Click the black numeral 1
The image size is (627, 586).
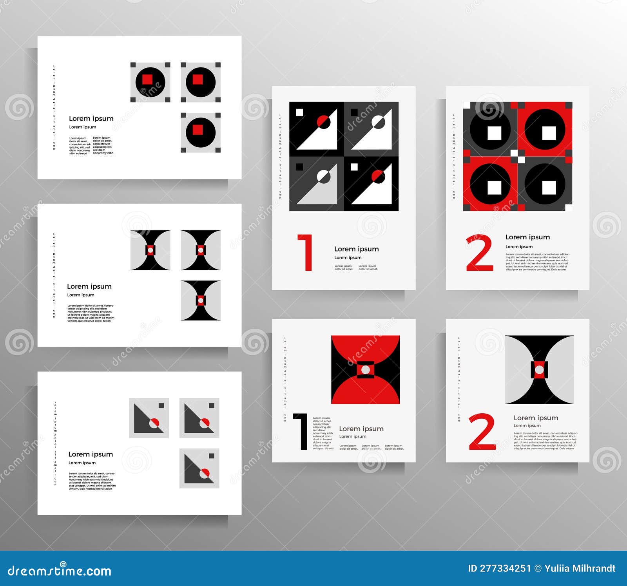point(302,431)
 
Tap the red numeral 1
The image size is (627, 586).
point(306,253)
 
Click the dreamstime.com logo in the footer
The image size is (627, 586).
point(60,570)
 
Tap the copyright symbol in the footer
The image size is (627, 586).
point(538,568)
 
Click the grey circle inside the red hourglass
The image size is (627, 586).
point(366,369)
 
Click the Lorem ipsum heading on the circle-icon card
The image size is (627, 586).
point(91,118)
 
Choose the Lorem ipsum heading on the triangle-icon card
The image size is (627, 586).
point(91,454)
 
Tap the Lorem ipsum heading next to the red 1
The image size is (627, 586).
point(356,249)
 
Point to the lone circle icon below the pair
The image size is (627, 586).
point(201,132)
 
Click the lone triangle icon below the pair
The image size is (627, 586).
point(199,468)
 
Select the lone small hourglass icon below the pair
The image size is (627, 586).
point(201,300)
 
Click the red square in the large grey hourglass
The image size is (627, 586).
point(539,369)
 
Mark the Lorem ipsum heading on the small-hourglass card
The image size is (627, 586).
point(89,286)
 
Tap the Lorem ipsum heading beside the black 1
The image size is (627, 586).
point(361,429)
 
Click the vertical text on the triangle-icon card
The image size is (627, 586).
point(55,443)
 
